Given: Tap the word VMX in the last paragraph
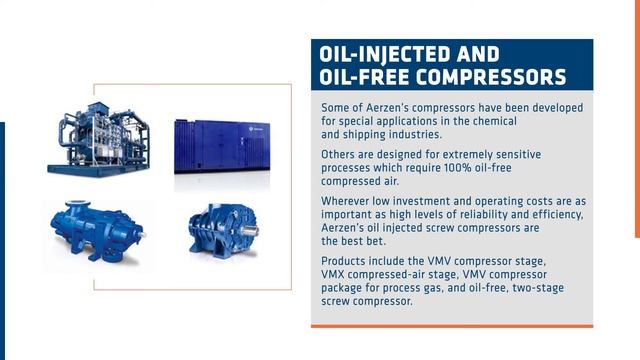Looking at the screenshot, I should click(337, 274).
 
